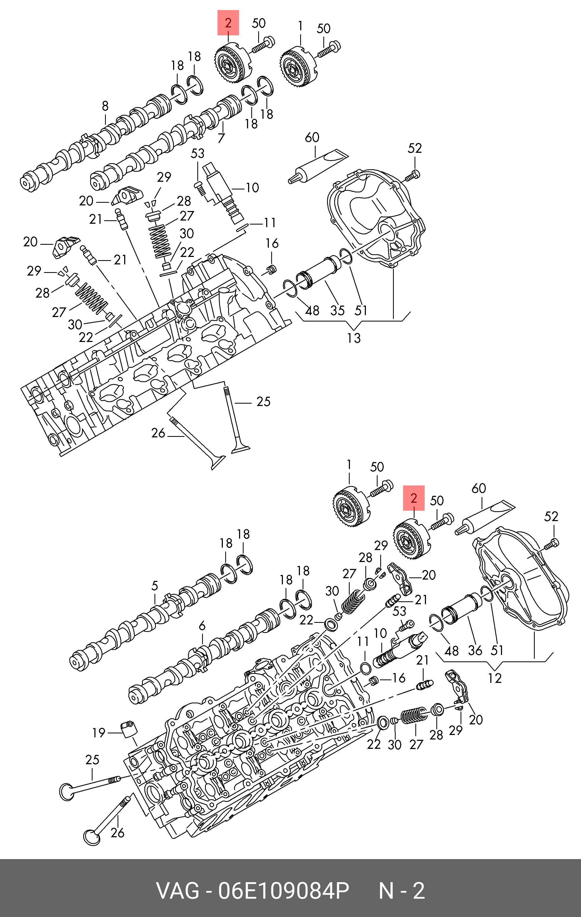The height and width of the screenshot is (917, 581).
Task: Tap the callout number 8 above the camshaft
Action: click(105, 106)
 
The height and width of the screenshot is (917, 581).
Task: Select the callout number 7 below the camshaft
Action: click(221, 138)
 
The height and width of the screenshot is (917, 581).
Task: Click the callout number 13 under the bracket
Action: click(354, 338)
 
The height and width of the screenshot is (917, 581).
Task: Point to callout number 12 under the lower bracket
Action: click(495, 678)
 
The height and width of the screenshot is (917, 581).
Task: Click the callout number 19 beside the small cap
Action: click(99, 733)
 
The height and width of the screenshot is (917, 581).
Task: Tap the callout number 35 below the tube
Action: click(337, 310)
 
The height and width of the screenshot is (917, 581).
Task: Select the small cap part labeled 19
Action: click(128, 729)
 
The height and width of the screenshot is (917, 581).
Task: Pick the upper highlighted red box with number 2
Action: click(228, 23)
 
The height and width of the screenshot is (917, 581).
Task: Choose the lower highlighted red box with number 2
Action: click(413, 498)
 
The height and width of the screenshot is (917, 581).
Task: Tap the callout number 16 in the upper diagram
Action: click(272, 243)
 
